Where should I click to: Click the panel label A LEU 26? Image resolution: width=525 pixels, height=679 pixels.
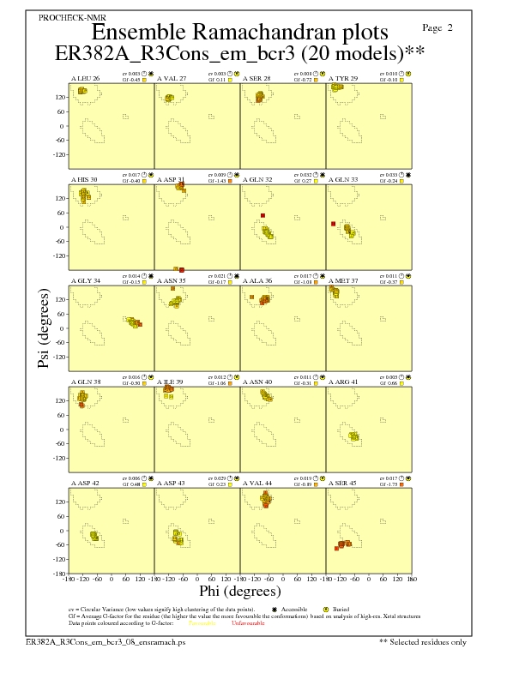[85, 79]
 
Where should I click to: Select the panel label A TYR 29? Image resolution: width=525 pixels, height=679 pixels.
[342, 79]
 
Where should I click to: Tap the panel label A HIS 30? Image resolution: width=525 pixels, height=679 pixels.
[84, 179]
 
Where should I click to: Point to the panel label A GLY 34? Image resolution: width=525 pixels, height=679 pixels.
[85, 280]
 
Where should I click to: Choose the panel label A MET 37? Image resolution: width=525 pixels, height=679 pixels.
[343, 280]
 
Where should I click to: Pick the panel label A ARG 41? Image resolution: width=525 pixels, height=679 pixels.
[343, 381]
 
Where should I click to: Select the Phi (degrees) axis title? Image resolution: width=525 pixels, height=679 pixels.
[240, 591]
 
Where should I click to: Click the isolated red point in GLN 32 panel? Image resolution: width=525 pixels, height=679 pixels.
[262, 215]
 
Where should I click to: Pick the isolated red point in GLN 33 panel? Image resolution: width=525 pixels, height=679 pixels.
[332, 224]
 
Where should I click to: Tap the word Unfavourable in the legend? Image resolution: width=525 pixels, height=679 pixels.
[249, 622]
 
